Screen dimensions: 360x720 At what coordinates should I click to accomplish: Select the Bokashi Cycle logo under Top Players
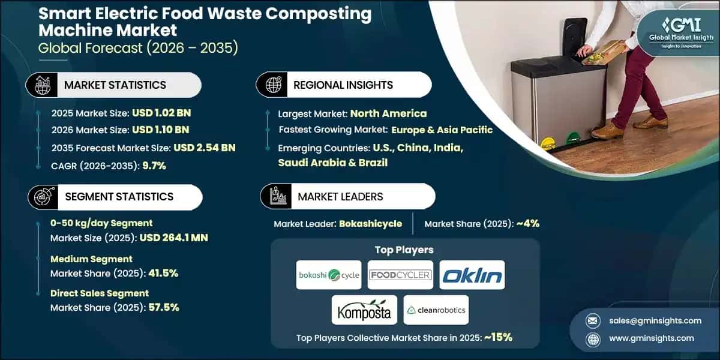[x=329, y=275]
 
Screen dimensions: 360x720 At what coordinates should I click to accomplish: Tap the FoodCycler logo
[x=400, y=275]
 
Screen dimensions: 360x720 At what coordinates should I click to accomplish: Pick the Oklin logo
[x=472, y=275]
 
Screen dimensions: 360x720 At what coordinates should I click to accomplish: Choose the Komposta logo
[x=364, y=310]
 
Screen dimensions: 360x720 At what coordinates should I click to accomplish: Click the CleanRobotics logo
[x=436, y=310]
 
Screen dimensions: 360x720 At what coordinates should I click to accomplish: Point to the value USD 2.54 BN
[x=204, y=148]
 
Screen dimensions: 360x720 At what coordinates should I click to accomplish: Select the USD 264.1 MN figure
[x=174, y=238]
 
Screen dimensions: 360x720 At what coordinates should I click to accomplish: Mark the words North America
[x=388, y=113]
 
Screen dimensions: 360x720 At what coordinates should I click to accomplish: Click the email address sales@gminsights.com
[x=650, y=321]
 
